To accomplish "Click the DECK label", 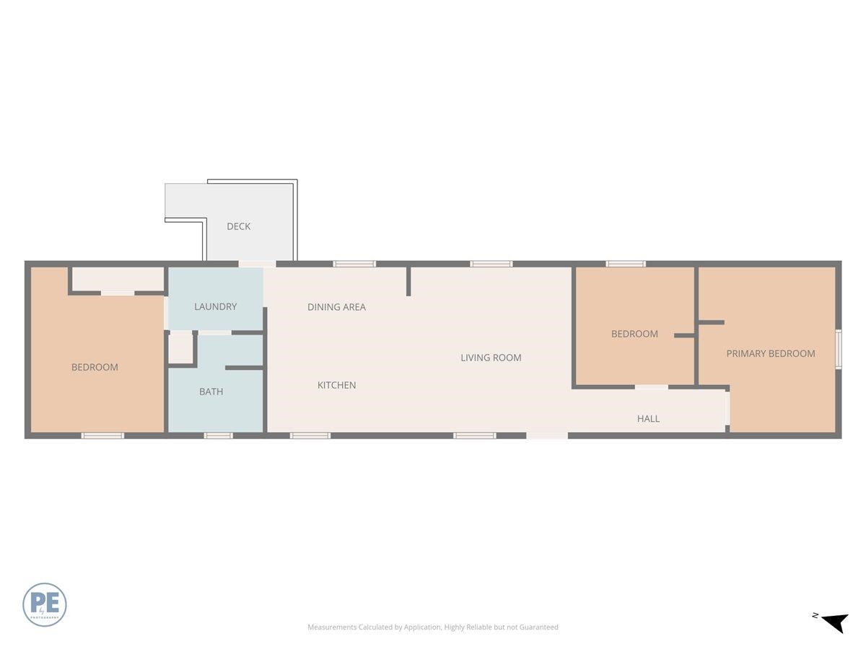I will (x=238, y=226).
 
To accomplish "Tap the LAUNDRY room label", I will (x=215, y=306).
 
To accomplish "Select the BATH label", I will (x=211, y=392).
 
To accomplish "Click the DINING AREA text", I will (x=336, y=307).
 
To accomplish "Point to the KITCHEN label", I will (x=336, y=385).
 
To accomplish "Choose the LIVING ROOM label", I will (x=491, y=358).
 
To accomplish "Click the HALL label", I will (x=648, y=418).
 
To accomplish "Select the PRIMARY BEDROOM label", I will (x=770, y=353).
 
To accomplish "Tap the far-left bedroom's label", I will (x=95, y=367).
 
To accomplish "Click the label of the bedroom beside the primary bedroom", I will (x=634, y=334).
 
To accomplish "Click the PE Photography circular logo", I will (x=45, y=604).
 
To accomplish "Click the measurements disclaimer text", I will (x=433, y=627).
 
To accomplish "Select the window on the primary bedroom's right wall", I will (x=838, y=350).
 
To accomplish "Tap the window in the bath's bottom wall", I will (x=218, y=436).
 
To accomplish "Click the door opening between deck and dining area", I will (x=257, y=264).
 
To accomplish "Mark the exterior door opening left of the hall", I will (x=547, y=436).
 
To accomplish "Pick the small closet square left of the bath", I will (x=180, y=349).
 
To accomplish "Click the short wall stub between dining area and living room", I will (x=408, y=281).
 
